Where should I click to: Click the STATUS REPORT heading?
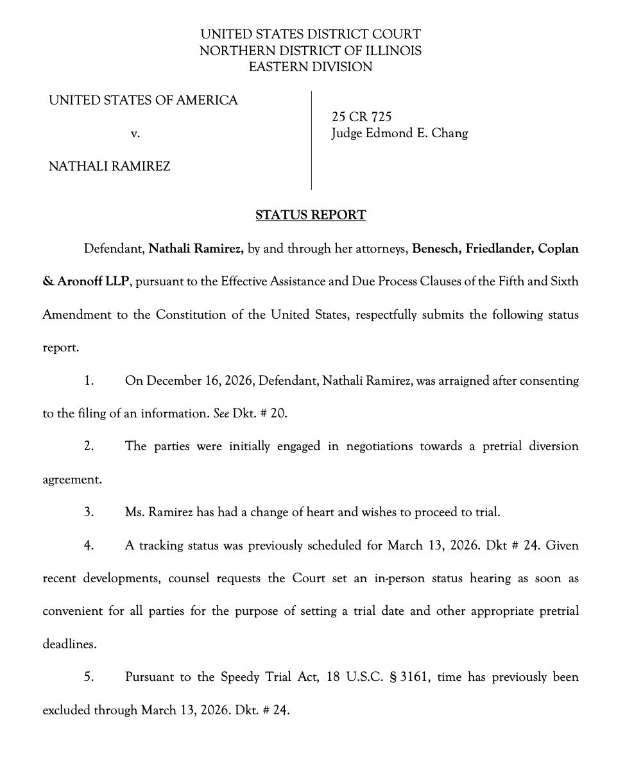point(311,215)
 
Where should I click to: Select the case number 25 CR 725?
point(361,117)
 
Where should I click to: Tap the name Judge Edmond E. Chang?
point(399,133)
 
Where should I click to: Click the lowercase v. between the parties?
point(135,134)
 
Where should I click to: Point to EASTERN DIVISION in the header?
point(311,67)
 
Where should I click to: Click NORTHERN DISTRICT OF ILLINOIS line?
point(311,51)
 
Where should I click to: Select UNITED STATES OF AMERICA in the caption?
point(143,100)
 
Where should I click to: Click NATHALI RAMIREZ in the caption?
point(109,167)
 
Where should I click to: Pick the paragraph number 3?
point(89,512)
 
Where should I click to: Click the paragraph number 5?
point(89,677)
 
